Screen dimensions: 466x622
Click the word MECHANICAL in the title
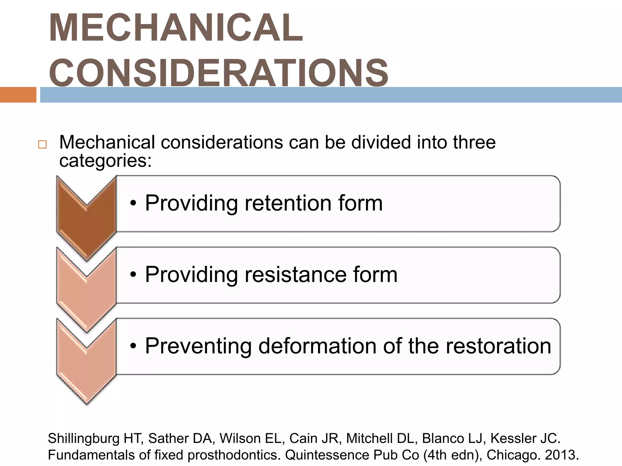click(176, 28)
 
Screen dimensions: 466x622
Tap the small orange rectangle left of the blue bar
click(18, 95)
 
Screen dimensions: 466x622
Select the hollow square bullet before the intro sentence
click(43, 144)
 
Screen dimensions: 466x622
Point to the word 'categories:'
click(105, 161)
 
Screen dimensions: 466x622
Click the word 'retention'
click(287, 203)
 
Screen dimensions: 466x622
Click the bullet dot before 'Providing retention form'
click(133, 204)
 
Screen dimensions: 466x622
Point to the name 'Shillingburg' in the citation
click(84, 439)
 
